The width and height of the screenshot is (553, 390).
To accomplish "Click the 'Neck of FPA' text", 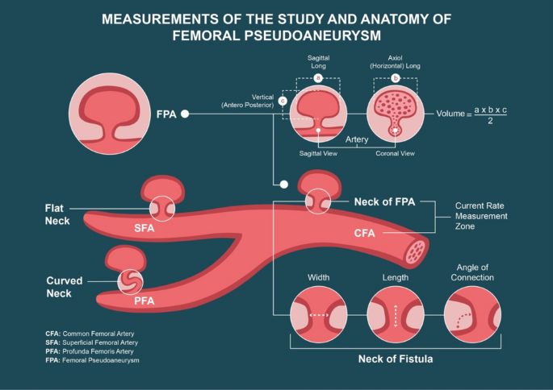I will point(384,201).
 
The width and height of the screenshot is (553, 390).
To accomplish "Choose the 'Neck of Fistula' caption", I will point(396,358).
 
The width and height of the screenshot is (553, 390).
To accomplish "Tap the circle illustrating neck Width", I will point(318,313).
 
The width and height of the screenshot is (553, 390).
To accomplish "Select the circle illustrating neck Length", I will point(396,313).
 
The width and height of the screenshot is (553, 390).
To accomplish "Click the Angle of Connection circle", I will point(473,313).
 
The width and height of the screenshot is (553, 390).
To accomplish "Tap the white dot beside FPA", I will point(185,114).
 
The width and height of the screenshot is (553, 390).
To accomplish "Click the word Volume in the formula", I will point(450,114).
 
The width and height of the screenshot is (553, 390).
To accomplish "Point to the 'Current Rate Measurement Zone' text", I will point(481,216).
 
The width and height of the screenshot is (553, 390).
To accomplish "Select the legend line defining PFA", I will point(88,351).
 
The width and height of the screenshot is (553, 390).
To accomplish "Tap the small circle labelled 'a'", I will point(318,78).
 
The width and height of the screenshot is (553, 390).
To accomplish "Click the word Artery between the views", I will point(357,139).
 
